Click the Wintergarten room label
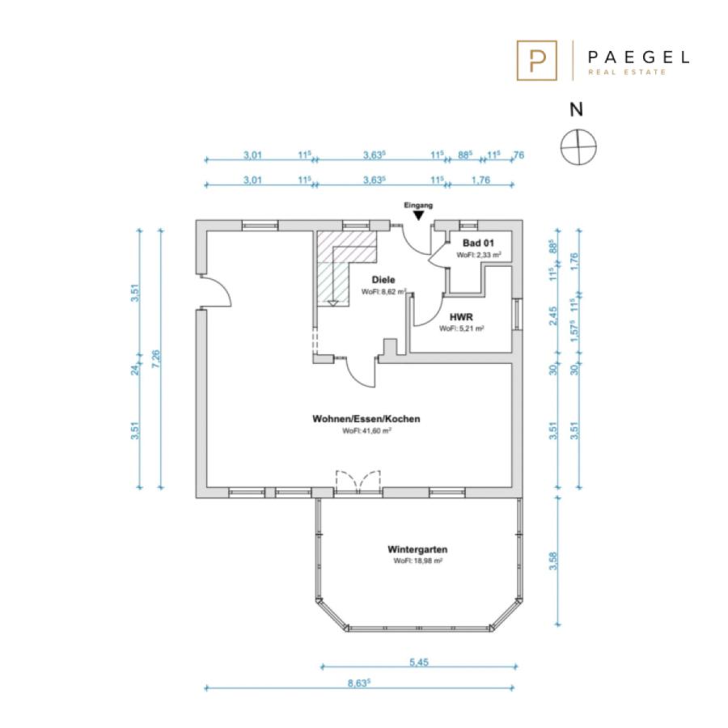point(417,549)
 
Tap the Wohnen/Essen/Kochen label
point(366,419)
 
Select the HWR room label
point(461,317)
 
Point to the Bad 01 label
point(478,243)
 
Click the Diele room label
point(383,280)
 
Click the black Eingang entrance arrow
point(419,215)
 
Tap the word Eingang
point(418,205)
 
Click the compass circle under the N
point(578,147)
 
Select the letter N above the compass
point(576,109)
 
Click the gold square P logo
point(537,61)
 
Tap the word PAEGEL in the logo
point(638,57)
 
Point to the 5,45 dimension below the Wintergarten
point(419,662)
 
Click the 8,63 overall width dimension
point(358,683)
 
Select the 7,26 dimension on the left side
point(156,359)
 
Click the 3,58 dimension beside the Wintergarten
point(552,561)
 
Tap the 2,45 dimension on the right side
point(552,315)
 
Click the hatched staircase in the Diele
point(346,269)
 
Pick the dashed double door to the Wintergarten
point(358,481)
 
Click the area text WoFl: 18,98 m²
point(417,561)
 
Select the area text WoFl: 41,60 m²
point(366,431)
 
